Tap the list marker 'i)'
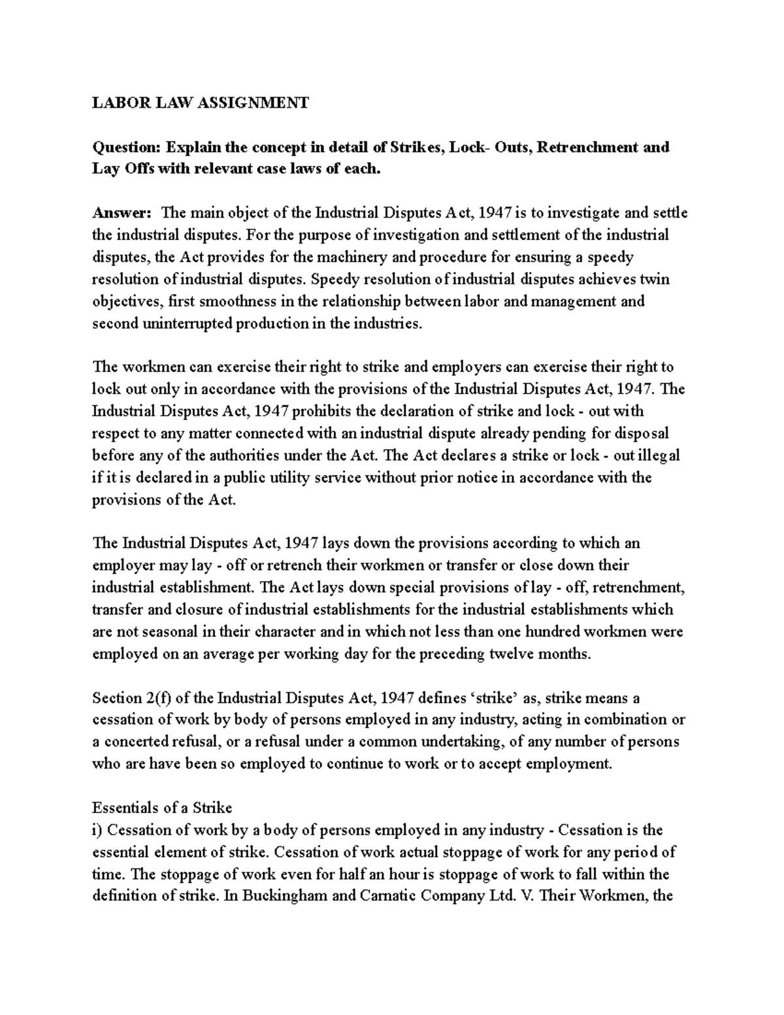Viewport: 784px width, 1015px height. click(x=97, y=830)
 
